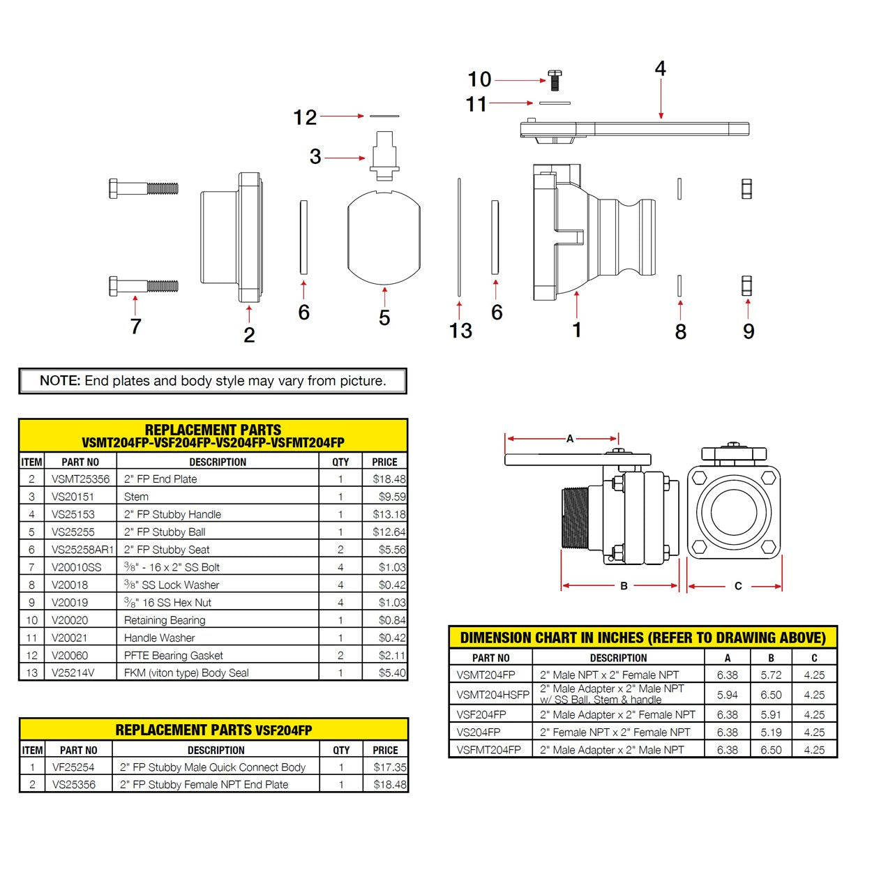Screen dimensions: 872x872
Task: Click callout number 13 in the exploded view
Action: click(460, 331)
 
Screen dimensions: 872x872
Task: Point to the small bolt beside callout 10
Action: click(555, 80)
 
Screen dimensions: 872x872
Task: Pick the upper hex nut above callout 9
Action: click(746, 189)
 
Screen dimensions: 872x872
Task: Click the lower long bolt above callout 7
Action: click(143, 285)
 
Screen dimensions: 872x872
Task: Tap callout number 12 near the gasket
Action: click(305, 117)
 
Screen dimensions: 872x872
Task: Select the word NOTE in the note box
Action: click(60, 381)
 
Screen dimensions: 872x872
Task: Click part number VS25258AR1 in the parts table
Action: click(82, 550)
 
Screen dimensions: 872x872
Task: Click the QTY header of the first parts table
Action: click(340, 462)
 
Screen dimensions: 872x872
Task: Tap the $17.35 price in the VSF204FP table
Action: click(389, 767)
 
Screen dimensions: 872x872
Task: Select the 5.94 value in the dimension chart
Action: click(727, 695)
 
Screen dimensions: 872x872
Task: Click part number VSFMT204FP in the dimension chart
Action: click(488, 750)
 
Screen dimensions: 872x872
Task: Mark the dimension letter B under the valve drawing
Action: click(624, 586)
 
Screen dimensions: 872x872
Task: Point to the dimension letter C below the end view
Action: click(738, 586)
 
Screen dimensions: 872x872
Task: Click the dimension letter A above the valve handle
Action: click(570, 439)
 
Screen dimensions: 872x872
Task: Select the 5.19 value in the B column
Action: click(771, 732)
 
